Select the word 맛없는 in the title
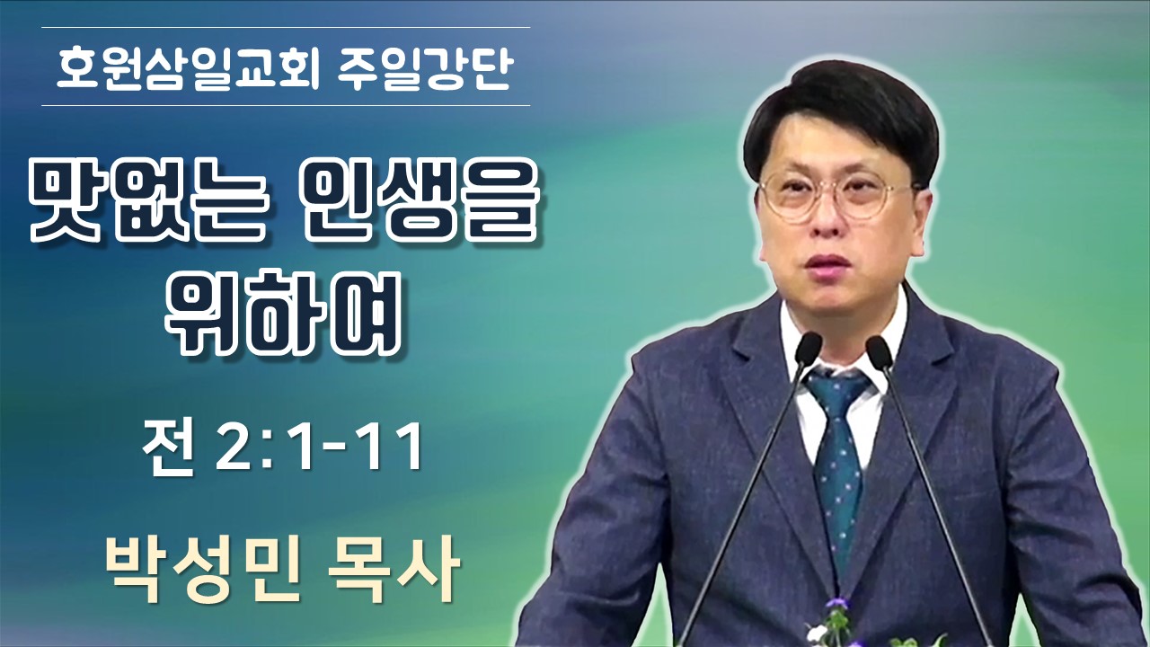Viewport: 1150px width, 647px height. [148, 207]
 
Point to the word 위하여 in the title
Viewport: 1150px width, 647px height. [283, 314]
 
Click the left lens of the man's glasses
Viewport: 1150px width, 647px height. [799, 195]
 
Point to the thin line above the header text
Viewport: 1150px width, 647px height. [286, 27]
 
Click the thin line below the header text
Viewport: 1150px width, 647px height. [286, 105]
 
